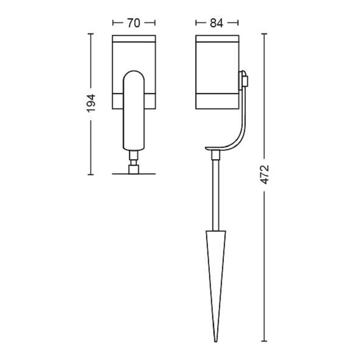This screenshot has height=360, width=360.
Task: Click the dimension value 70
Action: tap(134, 23)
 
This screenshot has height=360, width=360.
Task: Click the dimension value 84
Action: tap(217, 23)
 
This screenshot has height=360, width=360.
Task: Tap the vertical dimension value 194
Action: tap(91, 103)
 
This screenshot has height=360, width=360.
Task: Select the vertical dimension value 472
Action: tap(265, 175)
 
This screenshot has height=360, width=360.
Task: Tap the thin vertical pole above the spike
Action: tap(216, 195)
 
